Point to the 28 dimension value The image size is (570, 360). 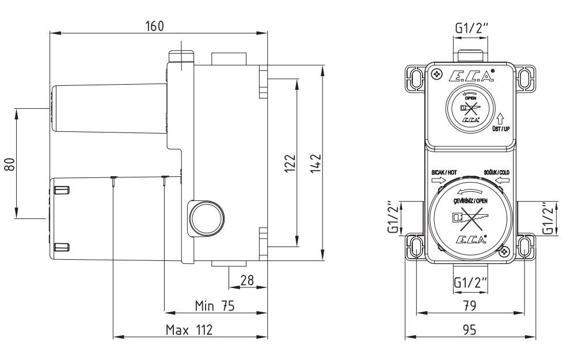pos(247,281)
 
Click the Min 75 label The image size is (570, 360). pos(214,306)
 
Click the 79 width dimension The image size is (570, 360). pos(470,306)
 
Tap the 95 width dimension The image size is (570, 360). pos(470,330)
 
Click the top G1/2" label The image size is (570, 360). pos(470,26)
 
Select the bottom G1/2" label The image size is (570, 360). pos(470,283)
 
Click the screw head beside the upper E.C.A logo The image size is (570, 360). pos(438,75)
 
